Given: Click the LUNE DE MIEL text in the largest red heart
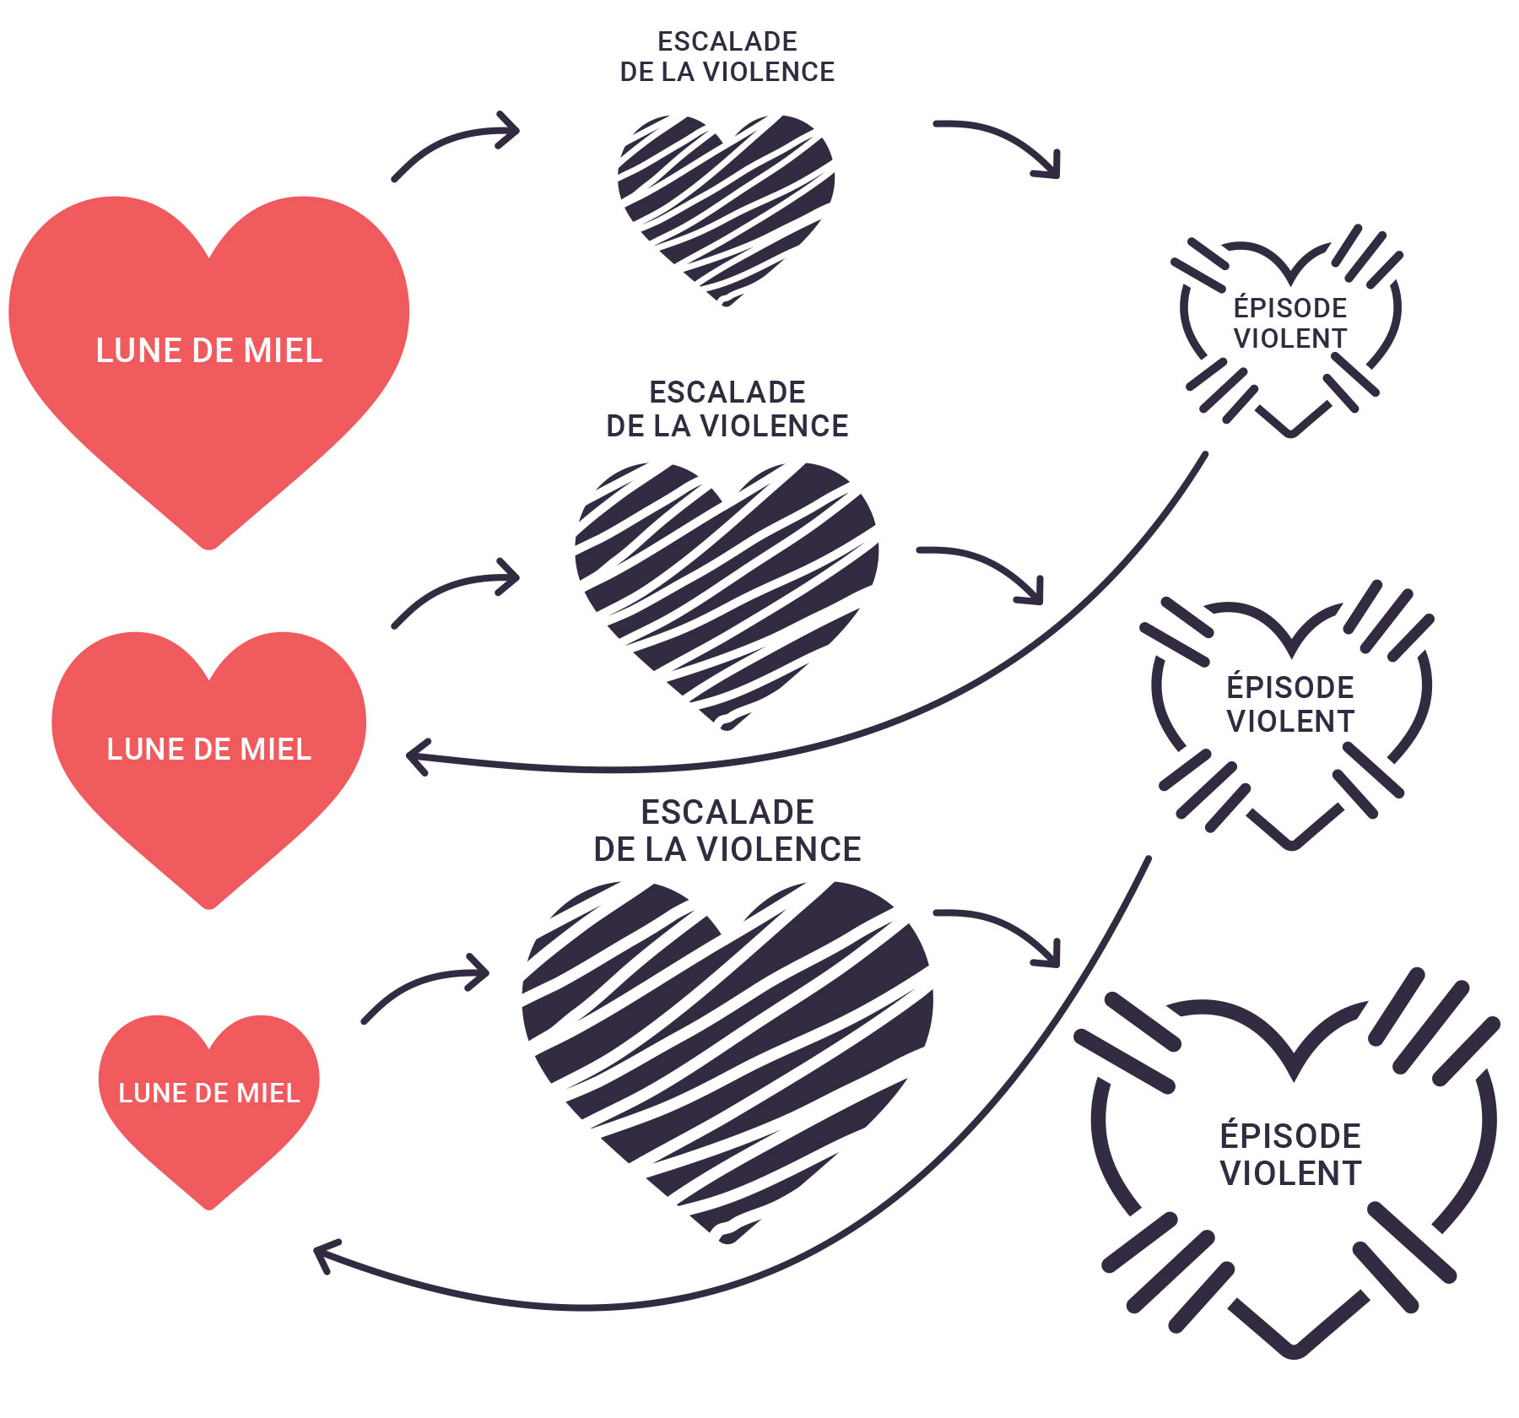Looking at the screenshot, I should (x=208, y=350).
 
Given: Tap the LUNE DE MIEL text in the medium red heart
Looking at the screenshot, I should (x=208, y=749).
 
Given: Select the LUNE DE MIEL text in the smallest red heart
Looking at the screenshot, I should (x=208, y=1093).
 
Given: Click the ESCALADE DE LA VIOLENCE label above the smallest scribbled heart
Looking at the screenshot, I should (x=727, y=57).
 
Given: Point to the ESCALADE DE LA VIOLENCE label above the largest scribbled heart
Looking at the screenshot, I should (x=727, y=831).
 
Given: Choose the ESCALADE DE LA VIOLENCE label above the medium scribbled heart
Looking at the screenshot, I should (x=727, y=409).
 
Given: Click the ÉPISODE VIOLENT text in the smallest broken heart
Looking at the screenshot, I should (x=1289, y=322).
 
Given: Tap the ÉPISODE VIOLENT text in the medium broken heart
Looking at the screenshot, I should (x=1289, y=704).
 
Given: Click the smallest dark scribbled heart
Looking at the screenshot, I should (x=726, y=203).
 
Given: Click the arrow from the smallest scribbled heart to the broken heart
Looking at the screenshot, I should (x=1004, y=139).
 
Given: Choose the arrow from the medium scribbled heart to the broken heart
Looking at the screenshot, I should (x=987, y=566).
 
